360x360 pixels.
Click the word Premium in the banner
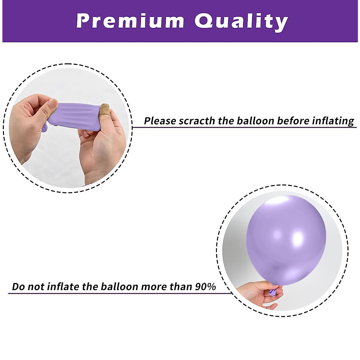(130, 21)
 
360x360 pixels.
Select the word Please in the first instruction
(160, 121)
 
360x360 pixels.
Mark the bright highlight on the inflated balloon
(298, 238)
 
